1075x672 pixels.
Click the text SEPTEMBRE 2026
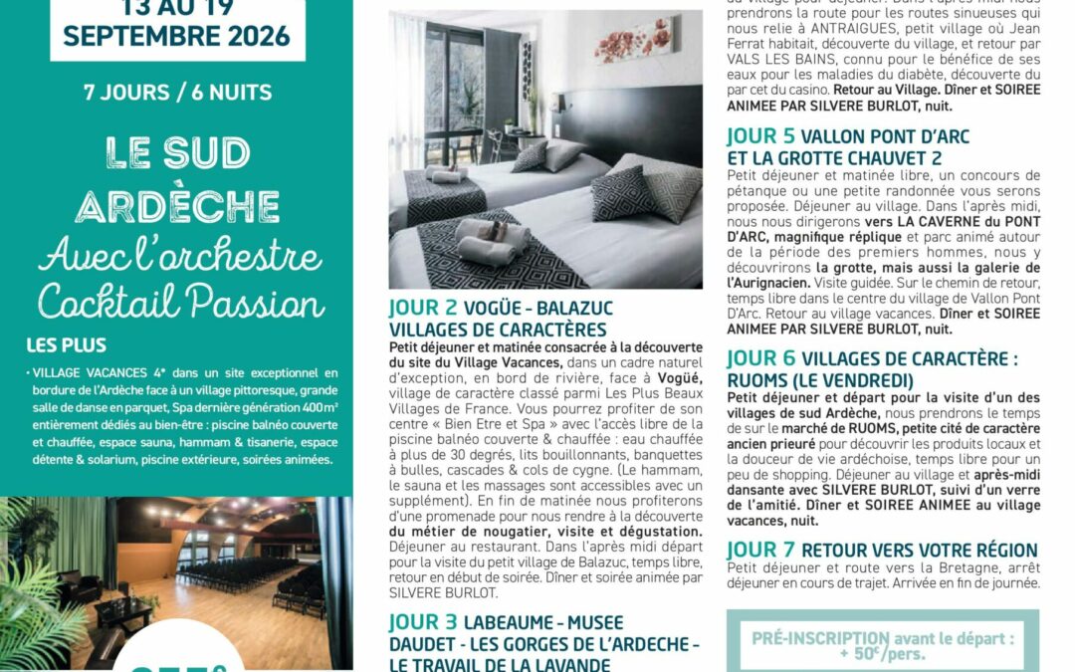(x=177, y=37)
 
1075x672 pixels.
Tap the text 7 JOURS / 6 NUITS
(x=177, y=93)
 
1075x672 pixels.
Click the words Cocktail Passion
(x=181, y=299)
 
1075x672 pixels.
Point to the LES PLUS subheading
(x=67, y=346)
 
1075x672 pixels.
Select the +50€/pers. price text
(x=883, y=654)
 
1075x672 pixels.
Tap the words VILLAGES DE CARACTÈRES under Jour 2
(x=498, y=330)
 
